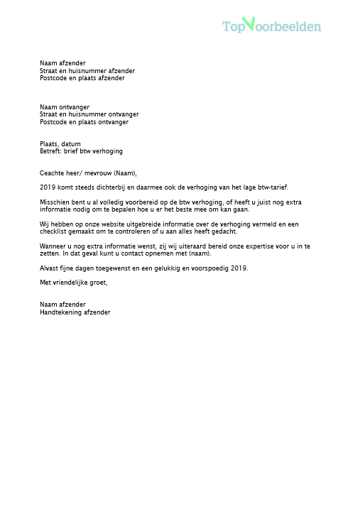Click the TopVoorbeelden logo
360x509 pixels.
[x=271, y=26]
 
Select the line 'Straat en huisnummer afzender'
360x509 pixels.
[x=87, y=71]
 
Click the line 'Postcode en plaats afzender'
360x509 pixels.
[x=82, y=78]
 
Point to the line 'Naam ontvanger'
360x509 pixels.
[x=65, y=107]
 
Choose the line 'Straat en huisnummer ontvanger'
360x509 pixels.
[x=89, y=114]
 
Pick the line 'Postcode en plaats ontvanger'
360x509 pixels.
[x=84, y=122]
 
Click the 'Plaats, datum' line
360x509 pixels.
[x=60, y=144]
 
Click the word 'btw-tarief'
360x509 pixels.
[x=272, y=187]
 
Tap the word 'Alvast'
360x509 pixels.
[x=49, y=268]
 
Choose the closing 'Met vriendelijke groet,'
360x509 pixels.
[x=73, y=283]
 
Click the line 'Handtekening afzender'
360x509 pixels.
[x=75, y=312]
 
